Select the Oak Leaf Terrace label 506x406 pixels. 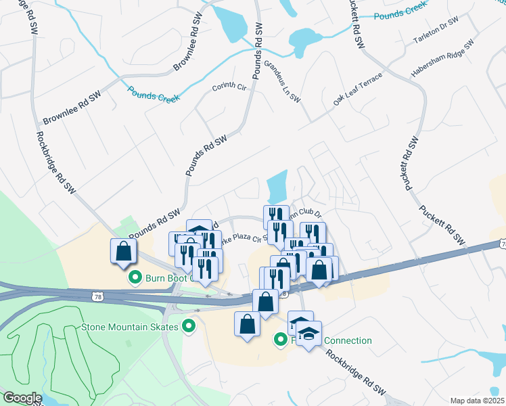[358, 89]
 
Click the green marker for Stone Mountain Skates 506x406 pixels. [189, 327]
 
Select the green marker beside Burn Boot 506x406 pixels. [134, 277]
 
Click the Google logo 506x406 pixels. [22, 398]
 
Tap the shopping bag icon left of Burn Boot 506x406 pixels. [124, 251]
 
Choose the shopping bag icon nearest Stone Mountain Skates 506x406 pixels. [247, 323]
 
